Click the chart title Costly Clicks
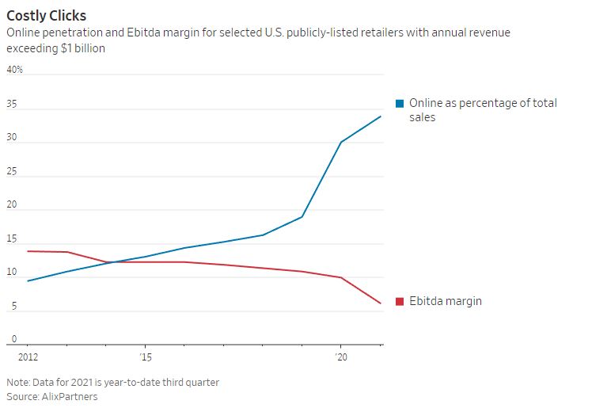coord(47,15)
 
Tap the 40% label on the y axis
coord(15,70)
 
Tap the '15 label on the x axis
coord(145,357)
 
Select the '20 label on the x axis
coord(341,357)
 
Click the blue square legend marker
coord(400,104)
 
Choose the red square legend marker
coord(400,301)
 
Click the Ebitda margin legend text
coord(445,301)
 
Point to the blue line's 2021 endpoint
coord(381,116)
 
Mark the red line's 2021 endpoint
coord(381,303)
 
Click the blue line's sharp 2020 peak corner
coord(341,143)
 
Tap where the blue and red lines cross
coord(111,262)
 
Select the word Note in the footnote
coord(18,382)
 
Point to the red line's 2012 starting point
coord(28,251)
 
